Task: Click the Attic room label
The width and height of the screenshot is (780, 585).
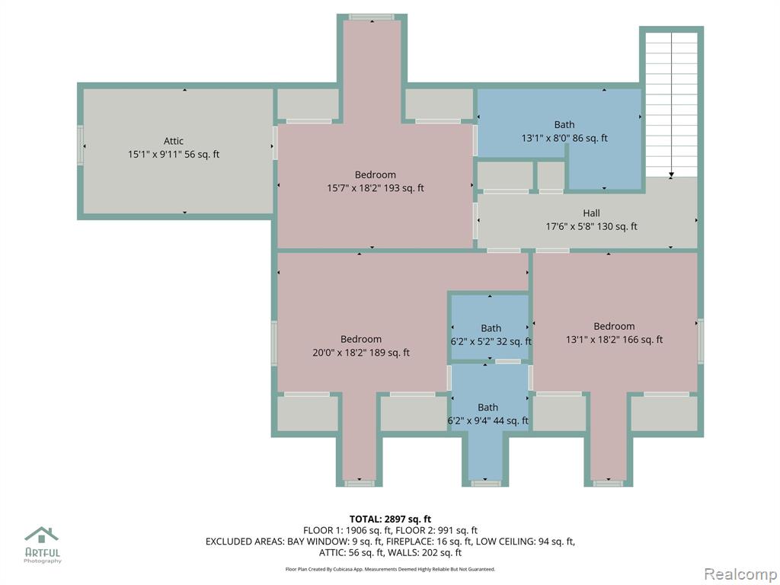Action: click(174, 141)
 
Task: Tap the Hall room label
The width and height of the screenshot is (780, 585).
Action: click(591, 213)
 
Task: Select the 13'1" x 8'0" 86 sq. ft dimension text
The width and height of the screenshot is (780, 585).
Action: click(564, 139)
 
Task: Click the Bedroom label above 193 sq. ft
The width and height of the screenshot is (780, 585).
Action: click(375, 174)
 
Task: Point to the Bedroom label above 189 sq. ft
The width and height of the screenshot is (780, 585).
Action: click(361, 339)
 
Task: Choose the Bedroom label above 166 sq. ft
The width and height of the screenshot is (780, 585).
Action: click(614, 326)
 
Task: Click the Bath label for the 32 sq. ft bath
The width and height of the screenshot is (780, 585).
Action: click(491, 328)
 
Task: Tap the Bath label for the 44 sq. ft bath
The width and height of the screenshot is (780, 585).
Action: click(488, 408)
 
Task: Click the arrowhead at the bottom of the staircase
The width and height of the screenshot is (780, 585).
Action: click(671, 175)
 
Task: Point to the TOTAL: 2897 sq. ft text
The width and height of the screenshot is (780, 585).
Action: click(390, 519)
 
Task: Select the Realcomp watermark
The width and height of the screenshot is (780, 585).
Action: click(740, 574)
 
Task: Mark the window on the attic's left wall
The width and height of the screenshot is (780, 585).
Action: click(80, 145)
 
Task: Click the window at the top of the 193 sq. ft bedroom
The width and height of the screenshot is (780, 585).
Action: click(372, 17)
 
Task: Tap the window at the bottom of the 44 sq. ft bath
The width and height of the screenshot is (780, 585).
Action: click(485, 483)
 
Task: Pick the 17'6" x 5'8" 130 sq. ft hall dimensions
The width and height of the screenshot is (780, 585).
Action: click(591, 226)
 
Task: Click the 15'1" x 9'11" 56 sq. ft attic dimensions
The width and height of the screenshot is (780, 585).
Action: click(174, 154)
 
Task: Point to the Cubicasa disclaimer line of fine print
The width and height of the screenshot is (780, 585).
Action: click(390, 569)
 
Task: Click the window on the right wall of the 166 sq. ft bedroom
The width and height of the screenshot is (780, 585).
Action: click(701, 340)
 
